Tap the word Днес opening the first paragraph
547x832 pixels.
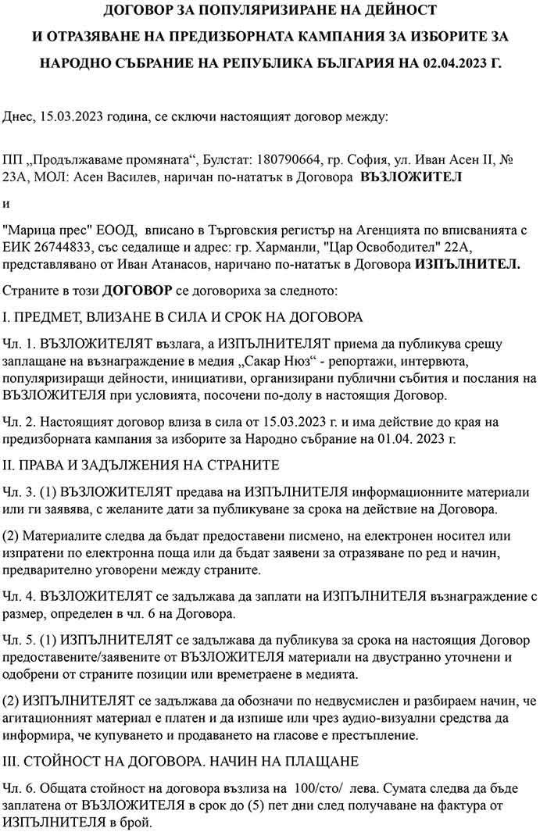tap(19, 117)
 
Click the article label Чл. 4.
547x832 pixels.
tap(19, 595)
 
